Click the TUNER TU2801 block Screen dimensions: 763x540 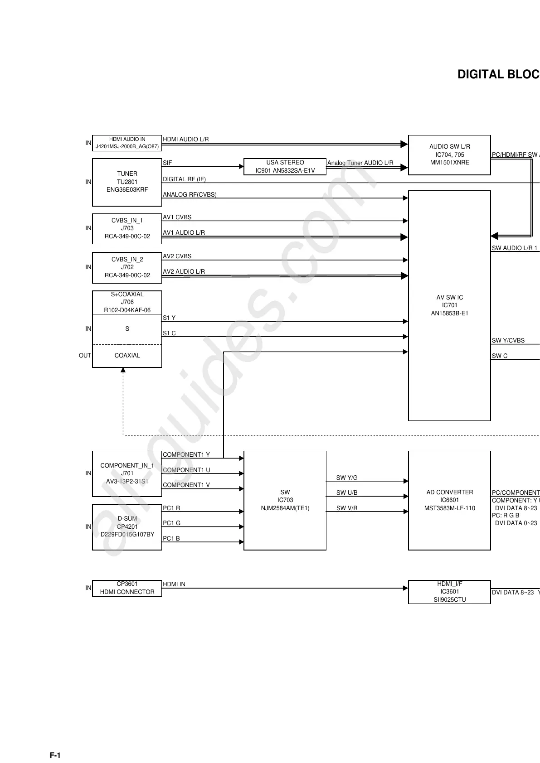coord(127,182)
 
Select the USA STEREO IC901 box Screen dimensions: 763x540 coord(285,166)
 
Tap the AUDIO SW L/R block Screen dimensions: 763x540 coord(449,155)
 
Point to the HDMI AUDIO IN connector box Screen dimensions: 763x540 coord(127,143)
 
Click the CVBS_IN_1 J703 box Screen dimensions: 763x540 coord(127,228)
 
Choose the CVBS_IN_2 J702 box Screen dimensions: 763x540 coord(127,267)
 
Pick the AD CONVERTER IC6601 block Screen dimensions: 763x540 coord(449,500)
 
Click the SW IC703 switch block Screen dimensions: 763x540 coord(285,500)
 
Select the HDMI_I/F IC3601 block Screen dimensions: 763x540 coord(449,592)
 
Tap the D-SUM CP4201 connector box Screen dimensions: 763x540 coord(127,526)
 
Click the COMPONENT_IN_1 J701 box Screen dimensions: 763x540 coord(127,473)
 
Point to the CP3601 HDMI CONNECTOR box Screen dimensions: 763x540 coord(127,588)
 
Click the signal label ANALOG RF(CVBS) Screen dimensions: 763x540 coord(190,195)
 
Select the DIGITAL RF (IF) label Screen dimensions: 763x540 coord(184,179)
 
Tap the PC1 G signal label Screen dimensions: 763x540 coord(171,523)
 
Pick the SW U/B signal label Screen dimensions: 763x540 coord(347,493)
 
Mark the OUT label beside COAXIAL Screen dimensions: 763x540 coord(85,356)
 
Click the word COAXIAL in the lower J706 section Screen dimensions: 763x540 coord(127,356)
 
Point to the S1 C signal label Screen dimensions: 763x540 coord(169,333)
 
